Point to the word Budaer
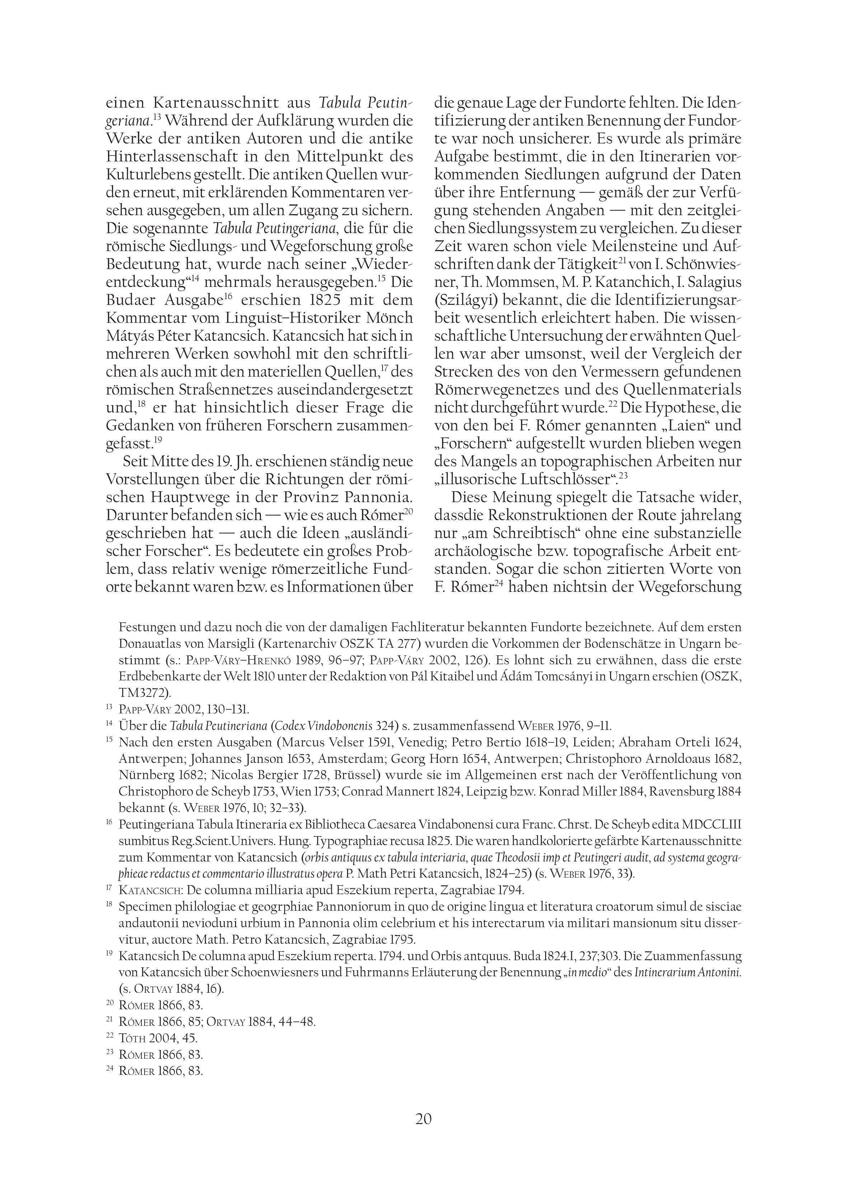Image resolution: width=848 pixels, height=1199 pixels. (x=131, y=300)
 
